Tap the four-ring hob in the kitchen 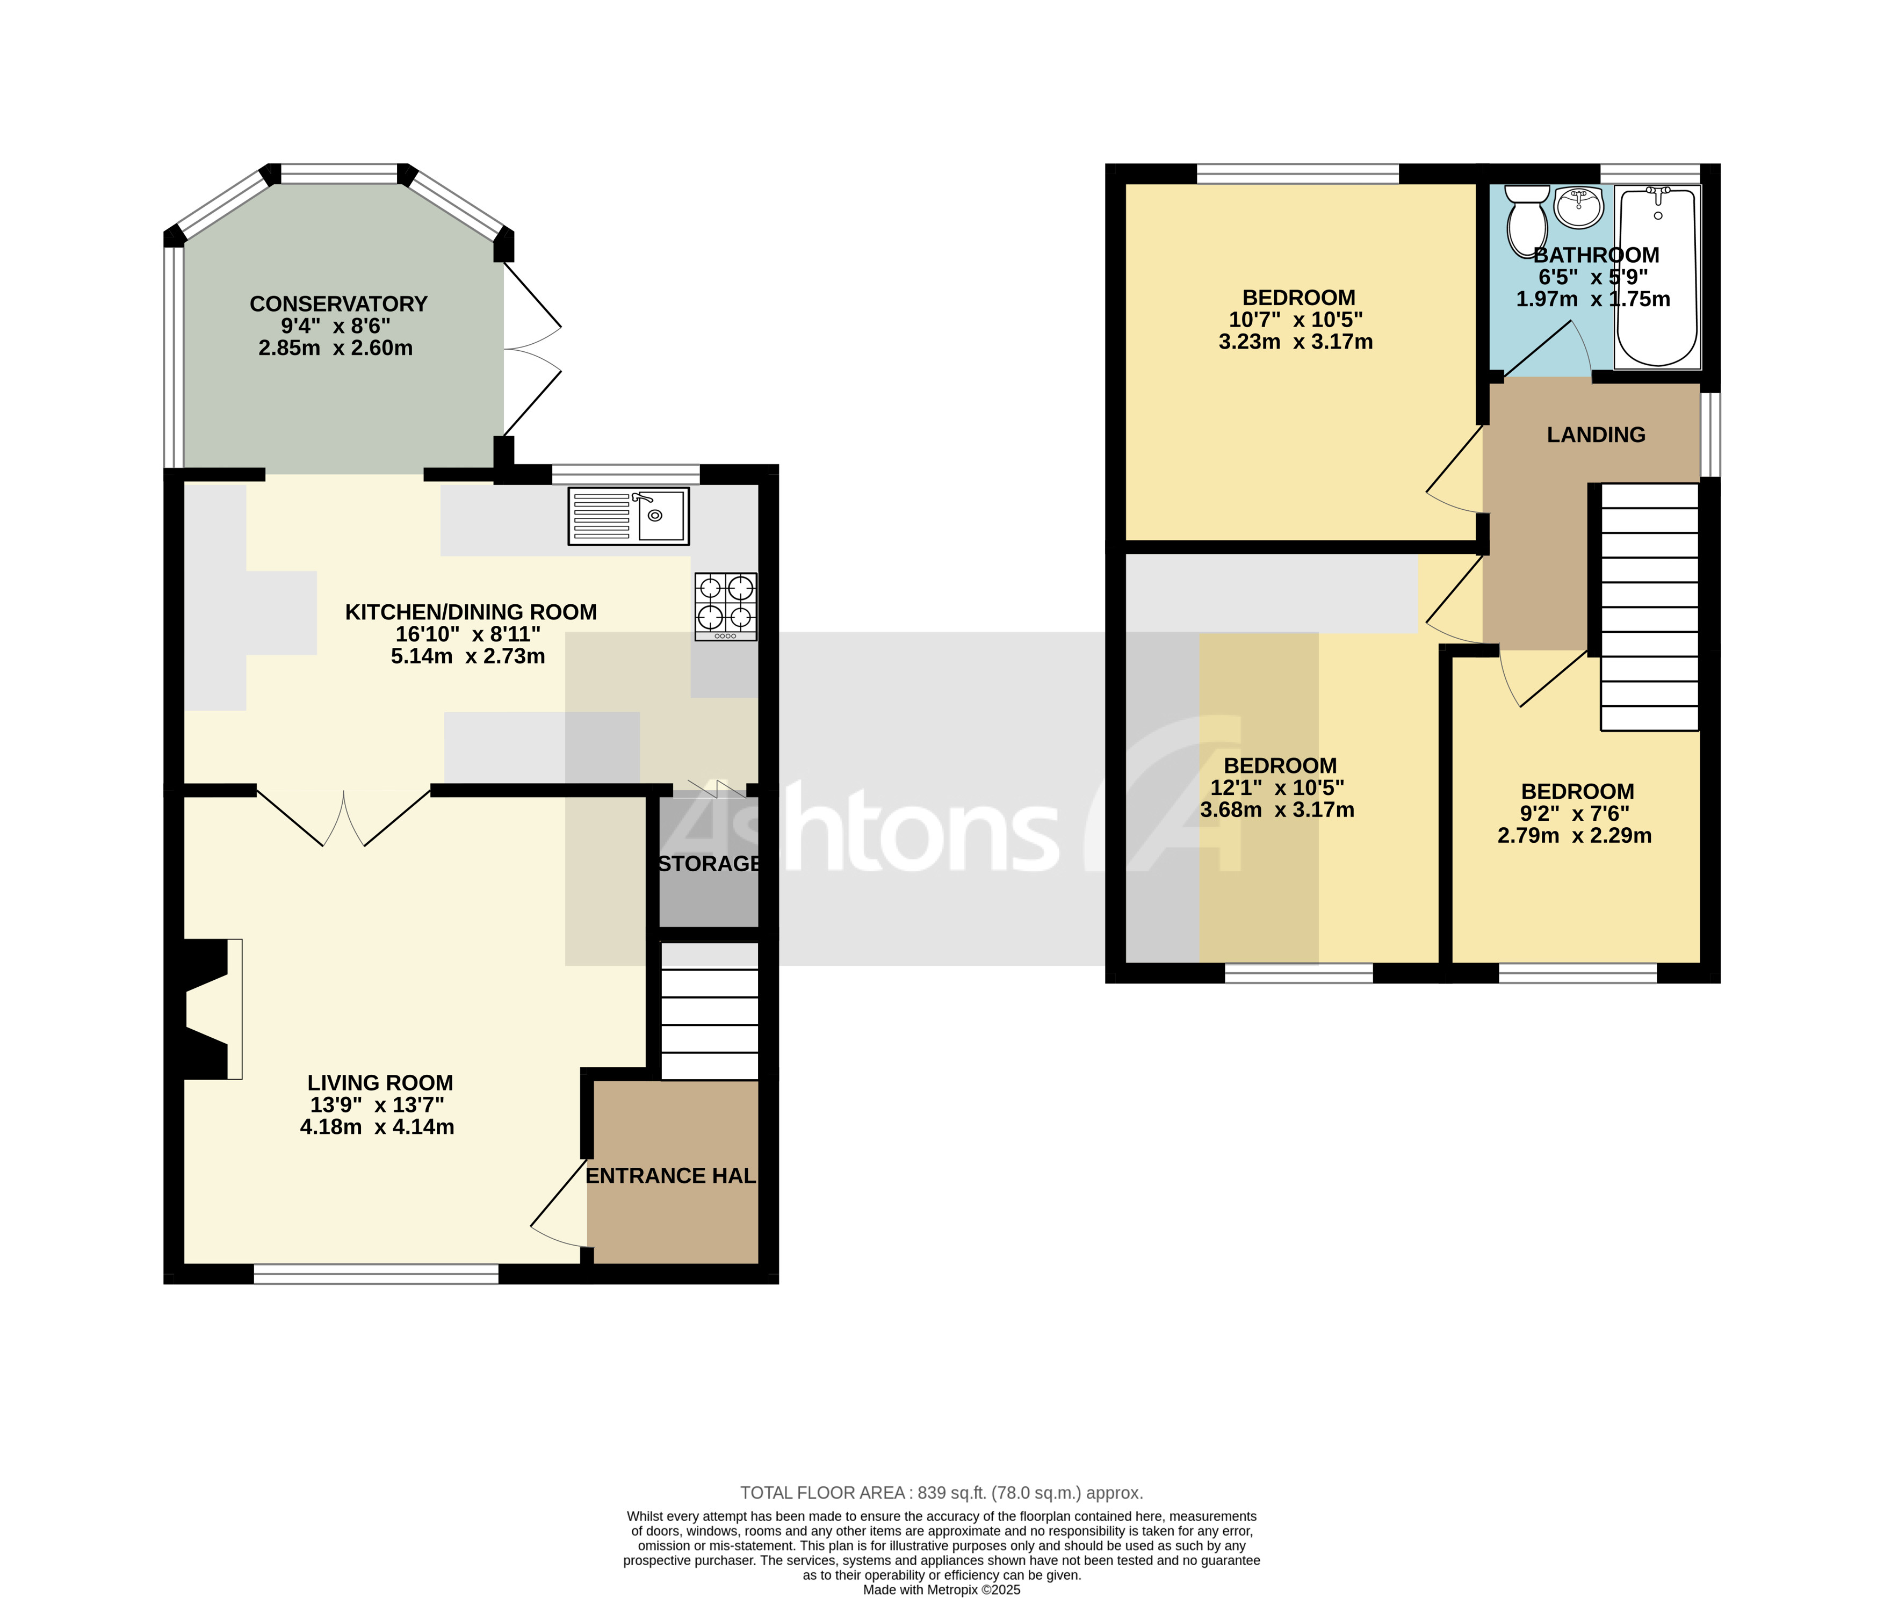[726, 606]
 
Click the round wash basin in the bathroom [1579, 207]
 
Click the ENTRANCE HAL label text [670, 1176]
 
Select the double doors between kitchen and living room [344, 815]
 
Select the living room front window [376, 1274]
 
